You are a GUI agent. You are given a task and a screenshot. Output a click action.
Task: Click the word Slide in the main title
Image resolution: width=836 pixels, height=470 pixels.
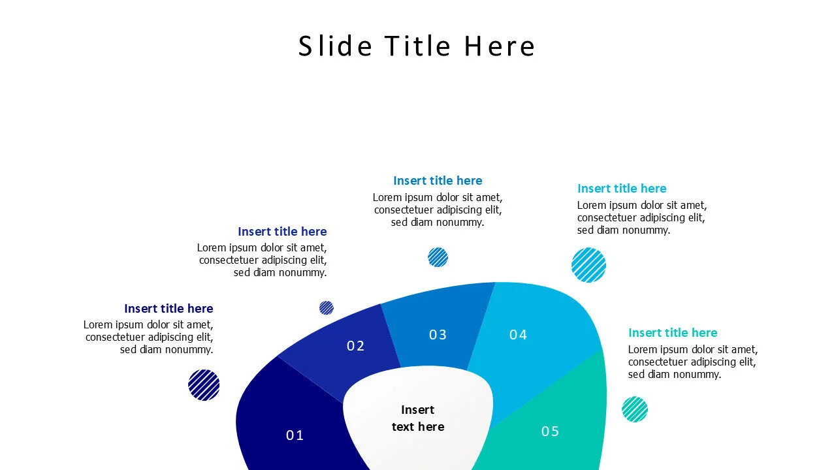[335, 46]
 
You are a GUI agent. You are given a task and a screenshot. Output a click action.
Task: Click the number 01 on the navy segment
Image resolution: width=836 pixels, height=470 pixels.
[295, 435]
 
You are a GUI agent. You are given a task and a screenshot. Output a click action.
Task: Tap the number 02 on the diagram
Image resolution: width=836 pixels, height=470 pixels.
[355, 346]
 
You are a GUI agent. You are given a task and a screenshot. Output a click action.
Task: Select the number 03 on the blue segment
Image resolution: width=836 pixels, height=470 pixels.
[438, 335]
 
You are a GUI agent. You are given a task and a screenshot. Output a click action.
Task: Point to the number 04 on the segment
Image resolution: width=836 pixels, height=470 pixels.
[518, 335]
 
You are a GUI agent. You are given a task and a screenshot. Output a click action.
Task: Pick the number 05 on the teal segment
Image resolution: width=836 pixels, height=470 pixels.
[550, 431]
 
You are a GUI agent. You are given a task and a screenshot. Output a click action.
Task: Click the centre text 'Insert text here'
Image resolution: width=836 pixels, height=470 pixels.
[418, 418]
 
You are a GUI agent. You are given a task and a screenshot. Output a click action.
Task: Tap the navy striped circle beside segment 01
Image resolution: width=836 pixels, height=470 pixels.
[204, 384]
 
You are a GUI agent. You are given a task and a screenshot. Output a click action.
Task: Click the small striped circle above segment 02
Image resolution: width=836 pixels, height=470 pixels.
[327, 307]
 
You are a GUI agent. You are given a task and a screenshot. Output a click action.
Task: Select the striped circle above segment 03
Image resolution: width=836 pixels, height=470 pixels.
[438, 257]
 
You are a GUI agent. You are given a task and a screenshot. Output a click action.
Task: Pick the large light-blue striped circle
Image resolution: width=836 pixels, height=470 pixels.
[588, 265]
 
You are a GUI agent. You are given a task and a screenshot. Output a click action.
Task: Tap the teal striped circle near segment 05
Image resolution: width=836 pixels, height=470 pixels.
[635, 409]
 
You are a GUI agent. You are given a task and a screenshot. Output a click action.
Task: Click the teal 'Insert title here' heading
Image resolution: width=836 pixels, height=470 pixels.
[673, 333]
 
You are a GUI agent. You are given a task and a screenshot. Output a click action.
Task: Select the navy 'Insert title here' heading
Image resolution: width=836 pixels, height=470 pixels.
[169, 309]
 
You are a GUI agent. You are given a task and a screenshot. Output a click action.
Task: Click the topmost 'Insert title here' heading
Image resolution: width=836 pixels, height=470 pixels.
[438, 181]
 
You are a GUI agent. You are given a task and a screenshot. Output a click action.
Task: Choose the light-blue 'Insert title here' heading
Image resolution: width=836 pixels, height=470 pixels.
[622, 189]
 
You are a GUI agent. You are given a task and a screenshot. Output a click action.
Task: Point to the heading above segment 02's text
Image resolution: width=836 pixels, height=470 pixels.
[282, 232]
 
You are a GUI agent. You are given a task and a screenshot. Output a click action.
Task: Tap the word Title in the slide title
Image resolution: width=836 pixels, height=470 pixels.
[418, 46]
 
